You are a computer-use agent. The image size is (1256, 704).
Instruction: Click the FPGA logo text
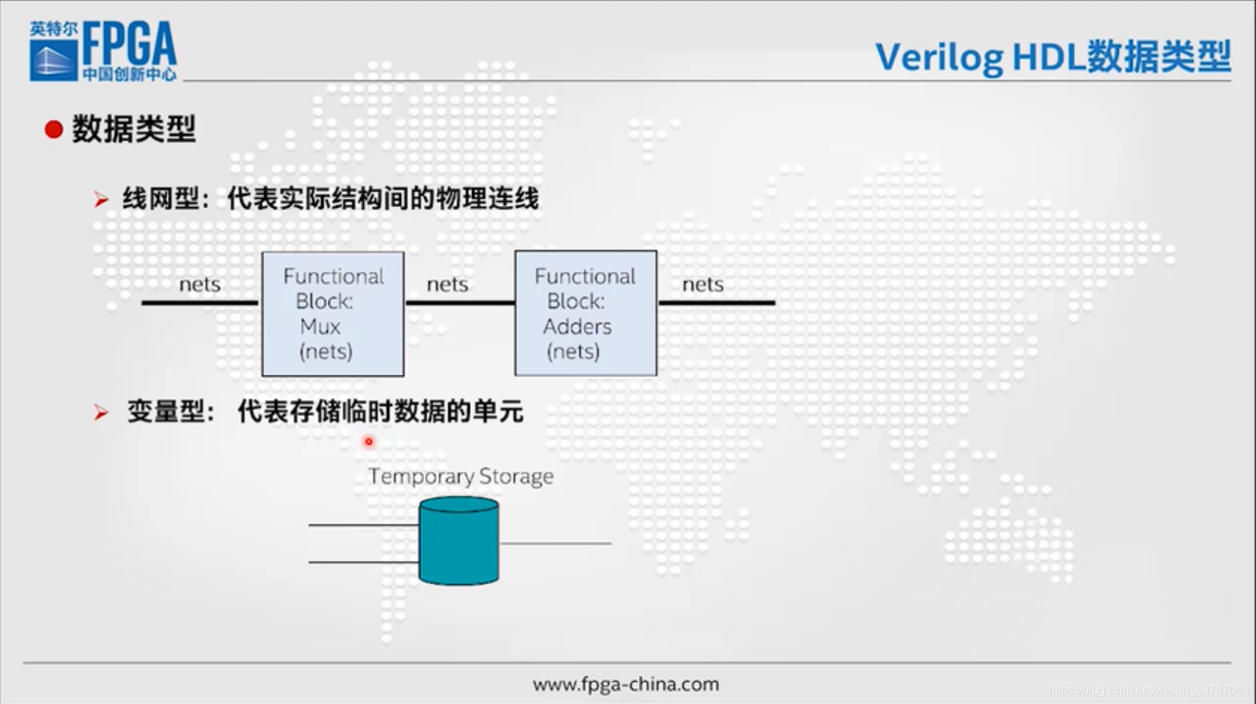130,44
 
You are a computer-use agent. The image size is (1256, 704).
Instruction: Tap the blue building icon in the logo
53,59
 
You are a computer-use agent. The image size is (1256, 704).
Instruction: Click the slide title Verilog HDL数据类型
1053,57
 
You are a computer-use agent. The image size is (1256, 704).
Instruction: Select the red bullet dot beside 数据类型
53,130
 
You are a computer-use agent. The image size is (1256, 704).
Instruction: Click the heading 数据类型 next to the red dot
133,130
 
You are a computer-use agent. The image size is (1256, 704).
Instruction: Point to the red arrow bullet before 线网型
102,199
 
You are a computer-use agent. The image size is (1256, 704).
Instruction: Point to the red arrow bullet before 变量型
102,412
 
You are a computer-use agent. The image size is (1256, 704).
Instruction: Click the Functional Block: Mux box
333,314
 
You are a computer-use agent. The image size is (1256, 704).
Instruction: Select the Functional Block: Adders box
586,314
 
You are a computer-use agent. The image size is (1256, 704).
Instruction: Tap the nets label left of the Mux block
200,284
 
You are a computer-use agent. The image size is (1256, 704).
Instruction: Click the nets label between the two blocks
447,284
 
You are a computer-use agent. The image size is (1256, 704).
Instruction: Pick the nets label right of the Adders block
703,284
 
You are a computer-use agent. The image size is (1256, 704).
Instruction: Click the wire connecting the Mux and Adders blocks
459,303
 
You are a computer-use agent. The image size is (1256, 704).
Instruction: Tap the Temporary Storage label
460,476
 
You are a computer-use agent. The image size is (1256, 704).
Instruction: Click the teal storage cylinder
459,543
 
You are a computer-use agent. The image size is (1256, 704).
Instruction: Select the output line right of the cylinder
555,543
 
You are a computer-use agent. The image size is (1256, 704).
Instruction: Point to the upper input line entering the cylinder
363,525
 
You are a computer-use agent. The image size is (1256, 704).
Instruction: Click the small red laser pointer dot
369,442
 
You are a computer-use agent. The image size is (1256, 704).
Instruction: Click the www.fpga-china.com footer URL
625,684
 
